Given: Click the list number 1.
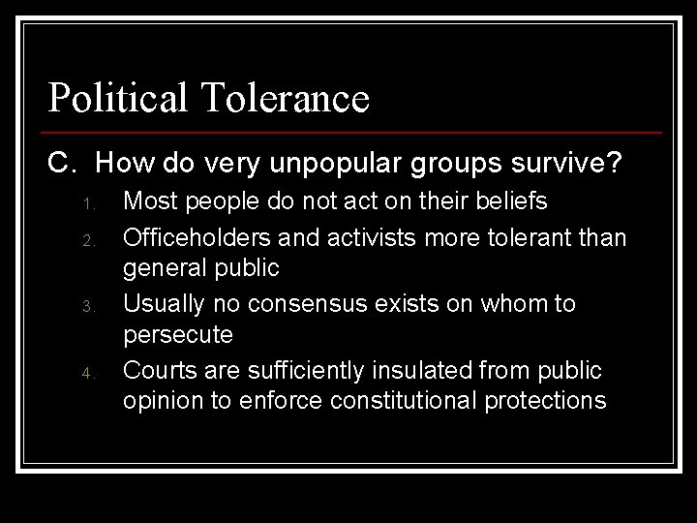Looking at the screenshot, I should [85, 205].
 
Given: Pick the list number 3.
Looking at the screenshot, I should [85, 307].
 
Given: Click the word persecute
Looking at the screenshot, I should [178, 336].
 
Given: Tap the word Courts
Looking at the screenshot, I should [159, 370].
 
